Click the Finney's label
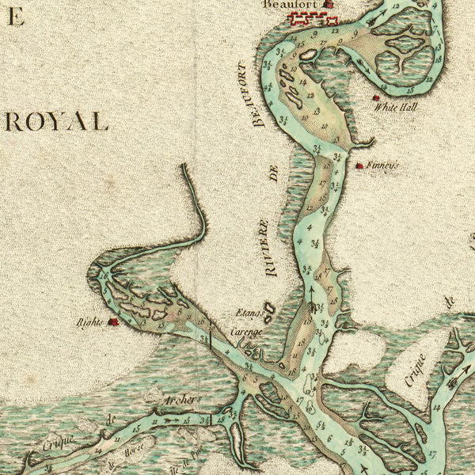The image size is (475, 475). (383, 166)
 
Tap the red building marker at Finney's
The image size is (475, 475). (359, 165)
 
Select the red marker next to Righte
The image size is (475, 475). (114, 322)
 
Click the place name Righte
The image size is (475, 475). (90, 323)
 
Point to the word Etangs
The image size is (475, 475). (248, 313)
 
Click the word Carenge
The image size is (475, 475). (245, 332)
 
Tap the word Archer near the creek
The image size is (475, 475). (179, 400)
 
